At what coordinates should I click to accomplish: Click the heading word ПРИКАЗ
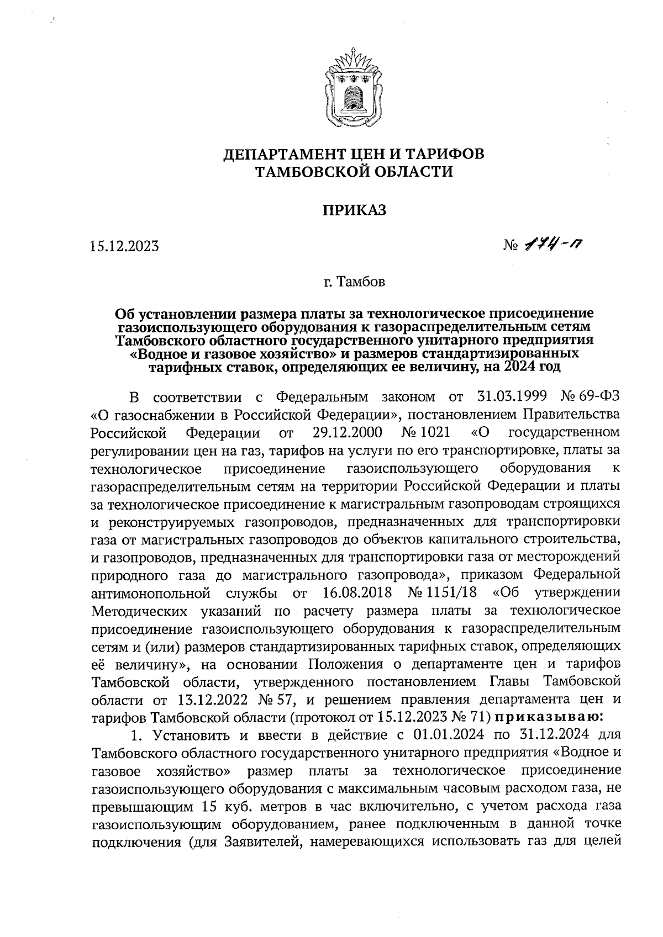(x=354, y=210)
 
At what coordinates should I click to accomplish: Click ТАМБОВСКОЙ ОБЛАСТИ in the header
(x=354, y=172)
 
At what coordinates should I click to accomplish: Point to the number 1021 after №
(x=434, y=432)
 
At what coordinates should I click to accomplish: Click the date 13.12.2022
(x=212, y=700)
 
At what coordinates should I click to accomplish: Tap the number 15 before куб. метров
(x=203, y=806)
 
